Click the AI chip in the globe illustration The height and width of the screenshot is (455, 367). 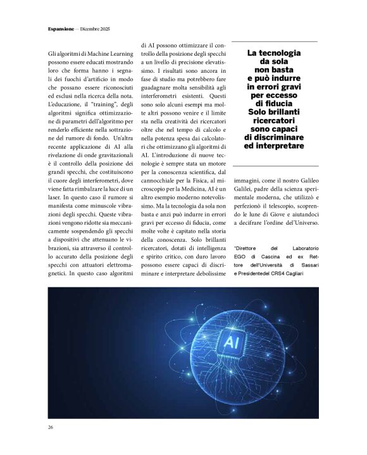click(x=230, y=343)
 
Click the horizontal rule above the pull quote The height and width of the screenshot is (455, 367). click(x=274, y=42)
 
